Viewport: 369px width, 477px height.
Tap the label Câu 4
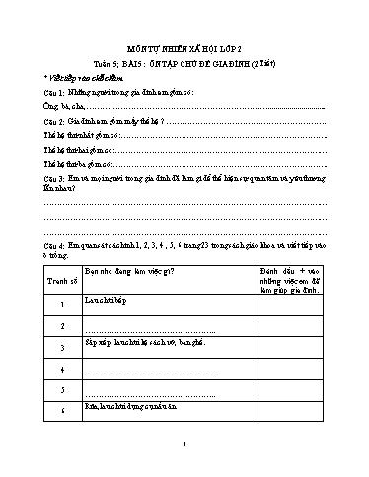pos(56,244)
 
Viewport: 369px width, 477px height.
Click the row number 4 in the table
pos(61,372)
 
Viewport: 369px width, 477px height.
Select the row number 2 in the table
pos(61,326)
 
